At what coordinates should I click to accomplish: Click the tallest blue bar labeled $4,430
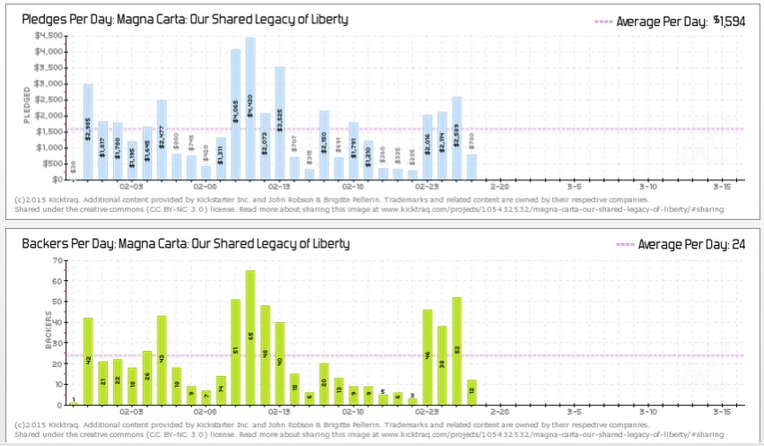tap(250, 108)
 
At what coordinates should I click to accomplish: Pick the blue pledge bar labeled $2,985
tap(88, 131)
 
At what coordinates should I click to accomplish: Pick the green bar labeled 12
tap(471, 392)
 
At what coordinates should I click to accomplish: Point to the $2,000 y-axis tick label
tap(48, 116)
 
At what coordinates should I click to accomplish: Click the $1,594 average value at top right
tap(729, 22)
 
